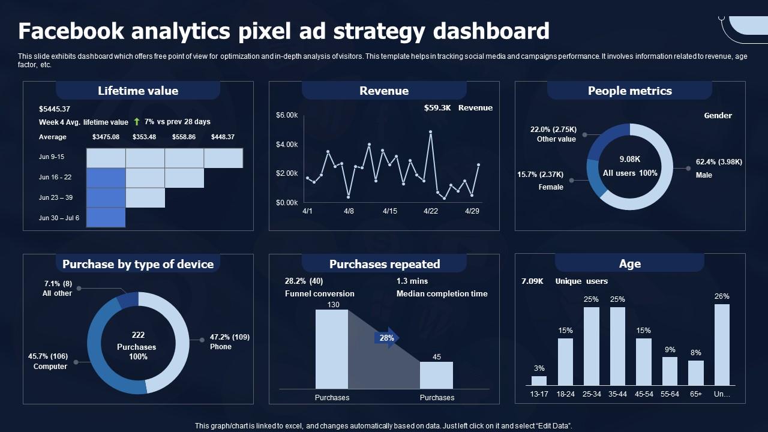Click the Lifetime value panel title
[138, 91]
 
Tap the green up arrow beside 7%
[136, 121]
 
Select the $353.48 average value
[144, 137]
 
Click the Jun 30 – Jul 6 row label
[59, 218]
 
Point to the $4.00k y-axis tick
[287, 145]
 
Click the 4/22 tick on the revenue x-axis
[431, 211]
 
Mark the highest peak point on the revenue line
[430, 131]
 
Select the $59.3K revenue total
[437, 107]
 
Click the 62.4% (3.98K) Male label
[719, 169]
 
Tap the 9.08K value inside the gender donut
[630, 159]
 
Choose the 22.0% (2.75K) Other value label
[553, 134]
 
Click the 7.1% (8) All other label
[57, 289]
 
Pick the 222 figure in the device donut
[138, 335]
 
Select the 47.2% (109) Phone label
[230, 341]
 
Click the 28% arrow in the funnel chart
[387, 338]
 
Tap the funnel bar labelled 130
[332, 349]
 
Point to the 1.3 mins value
[412, 281]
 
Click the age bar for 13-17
[539, 380]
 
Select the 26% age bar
[722, 344]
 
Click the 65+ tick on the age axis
[695, 394]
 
